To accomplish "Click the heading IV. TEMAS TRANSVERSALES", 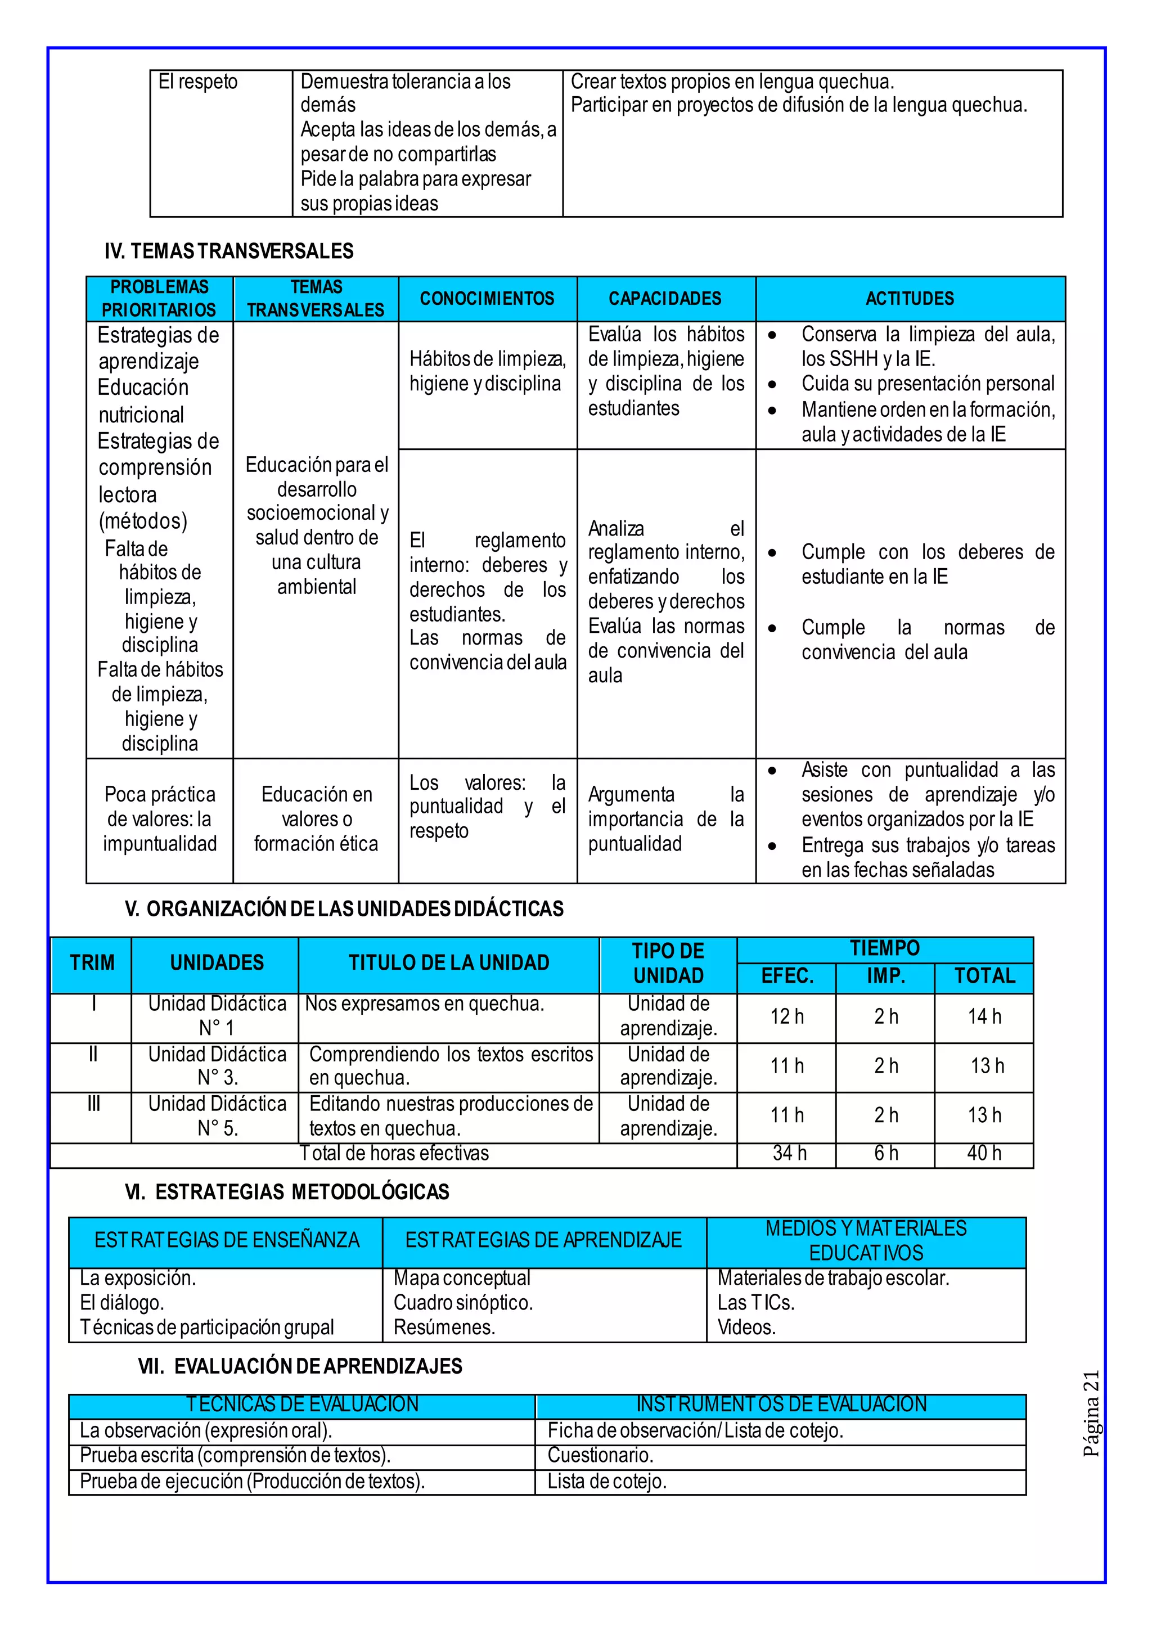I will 228,251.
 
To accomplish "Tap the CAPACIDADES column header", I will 665,299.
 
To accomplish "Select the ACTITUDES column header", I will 910,299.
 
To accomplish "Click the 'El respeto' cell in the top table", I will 198,82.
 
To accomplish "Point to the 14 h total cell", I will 984,1016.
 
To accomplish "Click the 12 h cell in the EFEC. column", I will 787,1016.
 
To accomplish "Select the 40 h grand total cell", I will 984,1153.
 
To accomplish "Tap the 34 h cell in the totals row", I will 789,1153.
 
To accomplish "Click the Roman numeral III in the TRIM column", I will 93,1104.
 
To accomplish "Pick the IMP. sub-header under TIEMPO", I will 885,976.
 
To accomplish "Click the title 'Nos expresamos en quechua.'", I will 424,1004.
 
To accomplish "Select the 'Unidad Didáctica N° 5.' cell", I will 217,1116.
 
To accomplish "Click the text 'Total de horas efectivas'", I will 394,1153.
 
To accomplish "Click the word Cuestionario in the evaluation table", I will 600,1455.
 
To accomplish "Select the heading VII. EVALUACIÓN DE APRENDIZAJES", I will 300,1366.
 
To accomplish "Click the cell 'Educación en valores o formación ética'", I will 316,819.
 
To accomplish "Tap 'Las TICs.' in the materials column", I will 755,1303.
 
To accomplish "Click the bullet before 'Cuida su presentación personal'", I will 772,385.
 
